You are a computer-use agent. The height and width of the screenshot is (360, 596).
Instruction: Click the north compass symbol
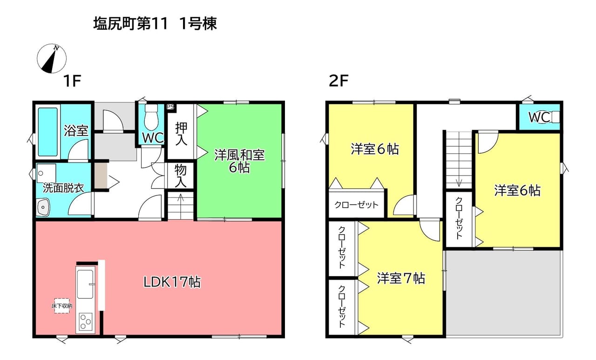tap(52, 59)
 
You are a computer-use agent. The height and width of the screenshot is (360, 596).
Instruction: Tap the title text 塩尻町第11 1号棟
tap(155, 24)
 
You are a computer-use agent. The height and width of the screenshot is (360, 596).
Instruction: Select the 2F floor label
tap(339, 81)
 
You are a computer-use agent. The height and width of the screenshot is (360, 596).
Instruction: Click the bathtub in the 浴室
tap(47, 132)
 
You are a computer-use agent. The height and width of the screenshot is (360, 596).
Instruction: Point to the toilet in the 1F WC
tap(151, 117)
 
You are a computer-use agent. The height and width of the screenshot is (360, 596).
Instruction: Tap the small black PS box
tap(170, 107)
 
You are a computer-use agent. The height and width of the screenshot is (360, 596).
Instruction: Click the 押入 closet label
tap(181, 134)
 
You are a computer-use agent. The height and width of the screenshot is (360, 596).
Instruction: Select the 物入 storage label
tap(181, 176)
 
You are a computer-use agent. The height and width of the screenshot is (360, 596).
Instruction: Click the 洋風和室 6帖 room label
tap(239, 161)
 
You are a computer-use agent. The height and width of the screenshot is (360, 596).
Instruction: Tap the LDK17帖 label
tap(172, 282)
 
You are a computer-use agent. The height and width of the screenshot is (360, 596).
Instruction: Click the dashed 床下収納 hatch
tap(62, 306)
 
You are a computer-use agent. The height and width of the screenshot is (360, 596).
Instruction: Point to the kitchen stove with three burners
tap(86, 322)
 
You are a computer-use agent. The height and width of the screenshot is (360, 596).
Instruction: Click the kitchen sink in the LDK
tap(85, 284)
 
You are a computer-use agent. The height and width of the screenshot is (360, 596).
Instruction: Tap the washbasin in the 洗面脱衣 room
tap(43, 207)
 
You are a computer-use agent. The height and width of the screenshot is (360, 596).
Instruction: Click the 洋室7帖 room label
tap(401, 278)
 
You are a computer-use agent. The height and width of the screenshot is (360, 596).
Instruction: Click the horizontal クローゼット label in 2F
tap(356, 204)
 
